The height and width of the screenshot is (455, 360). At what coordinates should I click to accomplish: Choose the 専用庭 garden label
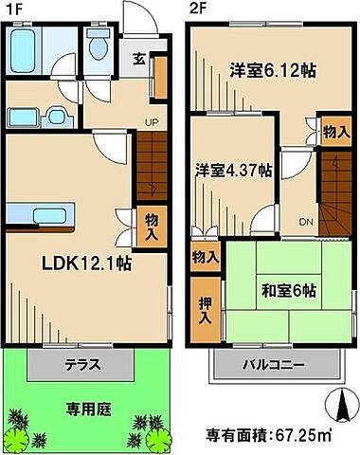tap(88, 409)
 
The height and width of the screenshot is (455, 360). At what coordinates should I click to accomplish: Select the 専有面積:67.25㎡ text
tap(267, 436)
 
